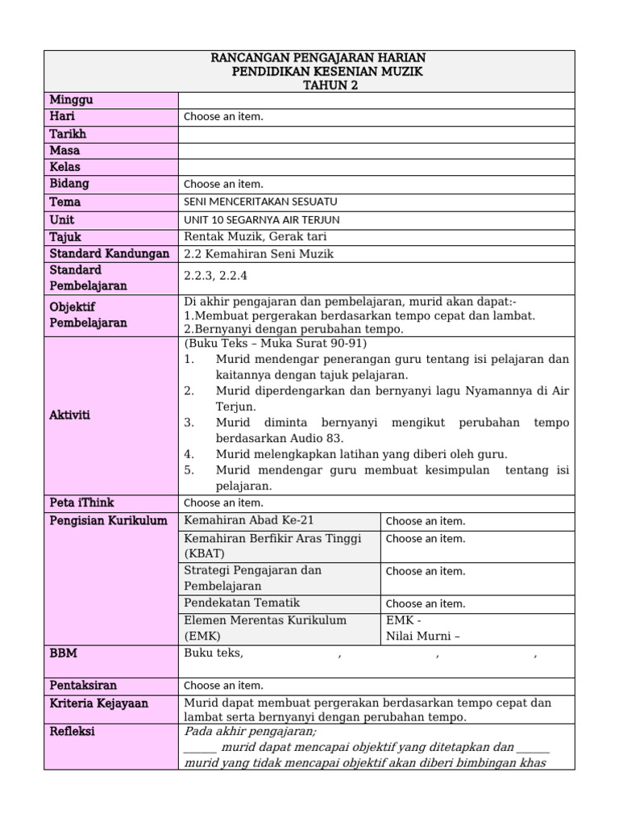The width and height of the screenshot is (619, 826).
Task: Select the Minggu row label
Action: pyautogui.click(x=72, y=100)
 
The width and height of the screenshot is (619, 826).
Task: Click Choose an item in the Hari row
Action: pyautogui.click(x=223, y=117)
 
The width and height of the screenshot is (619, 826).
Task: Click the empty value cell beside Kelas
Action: pyautogui.click(x=376, y=167)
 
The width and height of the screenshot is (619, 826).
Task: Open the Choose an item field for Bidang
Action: pyautogui.click(x=223, y=184)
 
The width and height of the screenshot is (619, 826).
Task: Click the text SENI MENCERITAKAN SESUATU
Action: pyautogui.click(x=260, y=202)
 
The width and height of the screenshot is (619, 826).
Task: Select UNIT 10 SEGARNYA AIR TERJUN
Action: pyautogui.click(x=262, y=219)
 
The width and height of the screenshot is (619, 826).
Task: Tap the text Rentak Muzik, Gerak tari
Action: pyautogui.click(x=255, y=236)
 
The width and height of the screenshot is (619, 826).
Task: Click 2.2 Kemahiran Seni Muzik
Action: pyautogui.click(x=259, y=254)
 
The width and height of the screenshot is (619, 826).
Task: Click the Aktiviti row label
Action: pyautogui.click(x=70, y=415)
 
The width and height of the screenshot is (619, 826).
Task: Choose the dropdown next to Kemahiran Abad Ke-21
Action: pyautogui.click(x=426, y=521)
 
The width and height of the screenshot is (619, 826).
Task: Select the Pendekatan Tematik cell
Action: pyautogui.click(x=242, y=603)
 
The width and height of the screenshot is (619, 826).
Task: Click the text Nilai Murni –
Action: pyautogui.click(x=423, y=636)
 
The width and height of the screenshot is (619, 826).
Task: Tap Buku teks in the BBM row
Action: pyautogui.click(x=214, y=653)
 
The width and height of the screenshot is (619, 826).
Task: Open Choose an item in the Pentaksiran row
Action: pyautogui.click(x=223, y=686)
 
